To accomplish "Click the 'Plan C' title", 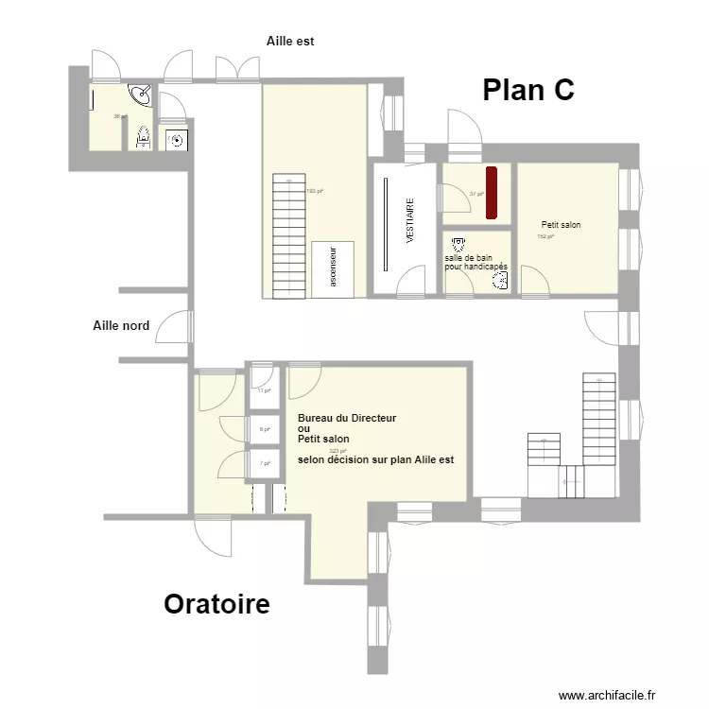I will (x=528, y=90).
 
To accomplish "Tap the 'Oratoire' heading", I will (x=216, y=604).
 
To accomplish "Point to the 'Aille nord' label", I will (x=121, y=326).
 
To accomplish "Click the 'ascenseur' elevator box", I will (x=333, y=268).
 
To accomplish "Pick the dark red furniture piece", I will (x=492, y=193).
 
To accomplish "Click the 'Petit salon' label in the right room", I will (x=561, y=225).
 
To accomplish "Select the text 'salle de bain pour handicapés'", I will (x=476, y=262).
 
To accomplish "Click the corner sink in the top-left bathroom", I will (x=141, y=95).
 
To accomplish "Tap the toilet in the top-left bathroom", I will (x=144, y=138).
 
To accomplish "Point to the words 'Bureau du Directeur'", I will (x=346, y=418).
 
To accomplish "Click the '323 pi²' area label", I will (x=337, y=451).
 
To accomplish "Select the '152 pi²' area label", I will (x=545, y=236).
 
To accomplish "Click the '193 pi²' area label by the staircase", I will (x=315, y=191).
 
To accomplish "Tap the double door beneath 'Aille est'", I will (x=236, y=69).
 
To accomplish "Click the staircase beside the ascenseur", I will (x=288, y=235).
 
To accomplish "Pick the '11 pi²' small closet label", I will (x=264, y=389).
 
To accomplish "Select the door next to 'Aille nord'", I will (x=176, y=327).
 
